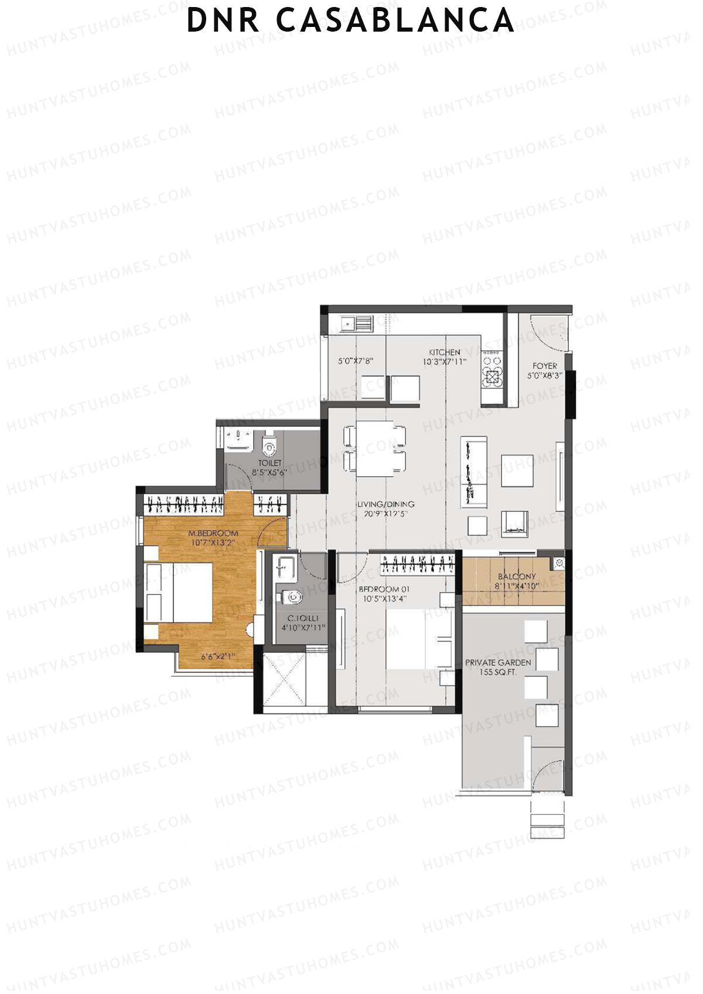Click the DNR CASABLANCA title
pyautogui.click(x=350, y=20)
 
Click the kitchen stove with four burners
pyautogui.click(x=492, y=369)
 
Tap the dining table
pyautogui.click(x=375, y=449)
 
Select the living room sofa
pyautogui.click(x=474, y=472)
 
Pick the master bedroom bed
pyautogui.click(x=179, y=592)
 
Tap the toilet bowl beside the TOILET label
pyautogui.click(x=269, y=446)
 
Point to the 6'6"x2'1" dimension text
pyautogui.click(x=218, y=657)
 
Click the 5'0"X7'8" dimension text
pyautogui.click(x=356, y=361)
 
